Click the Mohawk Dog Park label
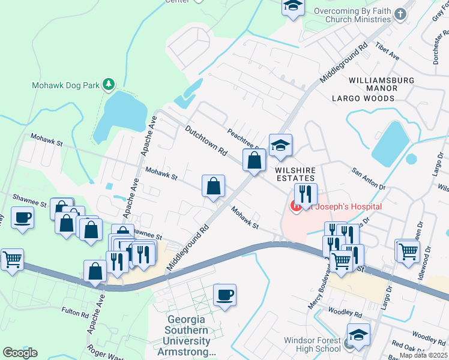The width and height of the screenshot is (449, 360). click(65, 85)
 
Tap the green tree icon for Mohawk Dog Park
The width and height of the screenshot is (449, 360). click(109, 85)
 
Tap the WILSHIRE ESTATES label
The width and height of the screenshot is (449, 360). click(295, 174)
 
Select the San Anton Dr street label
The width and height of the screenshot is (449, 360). click(369, 178)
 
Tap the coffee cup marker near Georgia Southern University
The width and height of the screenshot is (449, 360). click(224, 295)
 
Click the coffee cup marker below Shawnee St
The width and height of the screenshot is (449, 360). click(23, 218)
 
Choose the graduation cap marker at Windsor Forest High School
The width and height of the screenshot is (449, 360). click(358, 335)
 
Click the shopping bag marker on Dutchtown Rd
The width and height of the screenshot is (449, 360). click(254, 160)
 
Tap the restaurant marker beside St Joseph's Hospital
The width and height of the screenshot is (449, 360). click(306, 194)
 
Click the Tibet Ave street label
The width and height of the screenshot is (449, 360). click(388, 52)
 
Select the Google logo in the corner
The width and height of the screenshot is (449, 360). click(20, 353)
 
